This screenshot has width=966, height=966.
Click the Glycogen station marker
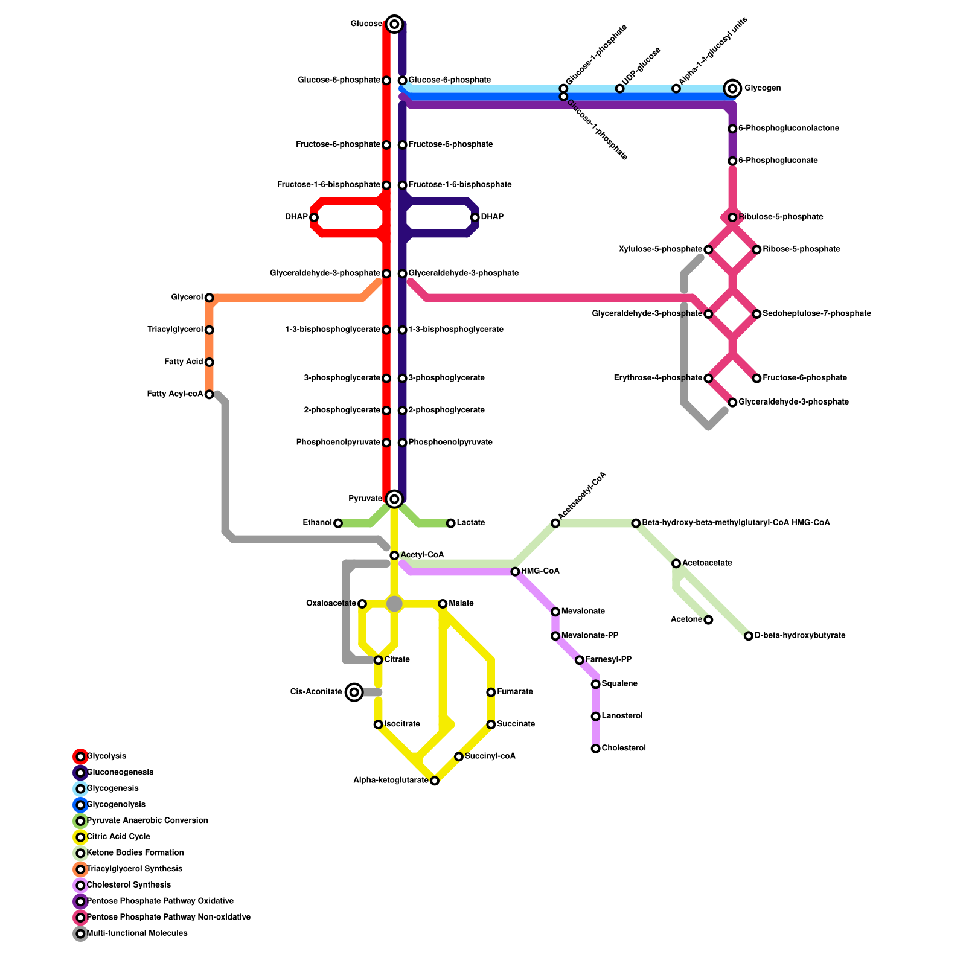(732, 89)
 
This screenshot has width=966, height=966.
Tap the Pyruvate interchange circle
(394, 499)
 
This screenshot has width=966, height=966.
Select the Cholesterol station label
(624, 749)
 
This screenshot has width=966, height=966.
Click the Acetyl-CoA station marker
(394, 555)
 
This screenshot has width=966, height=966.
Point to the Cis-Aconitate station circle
(354, 692)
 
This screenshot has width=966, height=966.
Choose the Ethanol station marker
(338, 523)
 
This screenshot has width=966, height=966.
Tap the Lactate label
(470, 523)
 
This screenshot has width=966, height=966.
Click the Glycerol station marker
(209, 298)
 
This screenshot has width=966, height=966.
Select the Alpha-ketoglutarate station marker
(435, 781)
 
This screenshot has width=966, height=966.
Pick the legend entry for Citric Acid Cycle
(118, 837)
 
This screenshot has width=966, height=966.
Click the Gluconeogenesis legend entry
(120, 772)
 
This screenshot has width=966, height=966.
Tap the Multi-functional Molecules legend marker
(80, 933)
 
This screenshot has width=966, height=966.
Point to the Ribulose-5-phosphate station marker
(732, 217)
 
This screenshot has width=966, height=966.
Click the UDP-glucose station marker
(619, 89)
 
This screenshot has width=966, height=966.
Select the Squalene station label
(619, 684)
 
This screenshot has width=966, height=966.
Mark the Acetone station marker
(708, 620)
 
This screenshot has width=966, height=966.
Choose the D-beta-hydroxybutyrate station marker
(749, 636)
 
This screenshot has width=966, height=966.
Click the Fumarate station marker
(491, 692)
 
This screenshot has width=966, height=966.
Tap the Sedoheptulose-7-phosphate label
(816, 314)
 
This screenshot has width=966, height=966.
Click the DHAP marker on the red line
(314, 217)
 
